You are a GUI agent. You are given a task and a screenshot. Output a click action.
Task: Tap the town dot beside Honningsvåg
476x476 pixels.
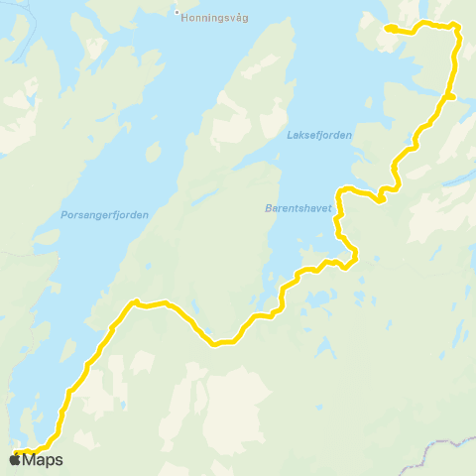point(177,14)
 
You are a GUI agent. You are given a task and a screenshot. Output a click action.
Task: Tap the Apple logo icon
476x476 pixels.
point(15,459)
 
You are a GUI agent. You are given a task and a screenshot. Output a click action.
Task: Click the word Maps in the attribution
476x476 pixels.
point(43,459)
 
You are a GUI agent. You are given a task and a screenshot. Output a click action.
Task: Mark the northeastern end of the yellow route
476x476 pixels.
point(388,28)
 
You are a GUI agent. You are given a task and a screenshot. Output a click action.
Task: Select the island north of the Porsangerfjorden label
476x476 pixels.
point(154,153)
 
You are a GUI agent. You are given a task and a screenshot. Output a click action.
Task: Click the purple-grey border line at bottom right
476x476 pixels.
point(436,448)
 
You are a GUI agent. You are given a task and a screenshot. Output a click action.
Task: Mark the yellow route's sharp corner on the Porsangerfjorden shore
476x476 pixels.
point(134,301)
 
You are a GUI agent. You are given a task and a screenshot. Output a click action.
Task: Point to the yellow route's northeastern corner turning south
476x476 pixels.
point(457,29)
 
